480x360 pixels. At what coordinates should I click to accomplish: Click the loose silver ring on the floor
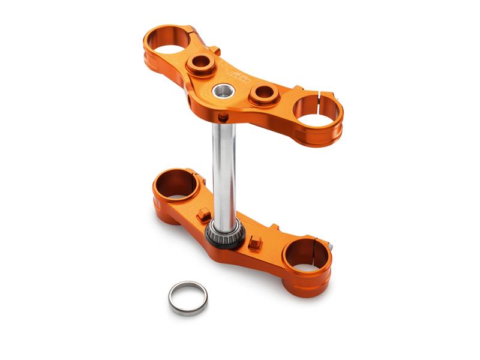(x=187, y=297)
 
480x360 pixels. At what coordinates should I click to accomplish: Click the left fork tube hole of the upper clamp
(x=170, y=40)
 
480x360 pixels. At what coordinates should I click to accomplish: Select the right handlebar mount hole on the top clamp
(x=263, y=93)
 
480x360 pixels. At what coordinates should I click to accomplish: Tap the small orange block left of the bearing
(x=203, y=214)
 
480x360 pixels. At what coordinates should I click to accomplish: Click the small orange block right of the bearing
(x=254, y=243)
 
